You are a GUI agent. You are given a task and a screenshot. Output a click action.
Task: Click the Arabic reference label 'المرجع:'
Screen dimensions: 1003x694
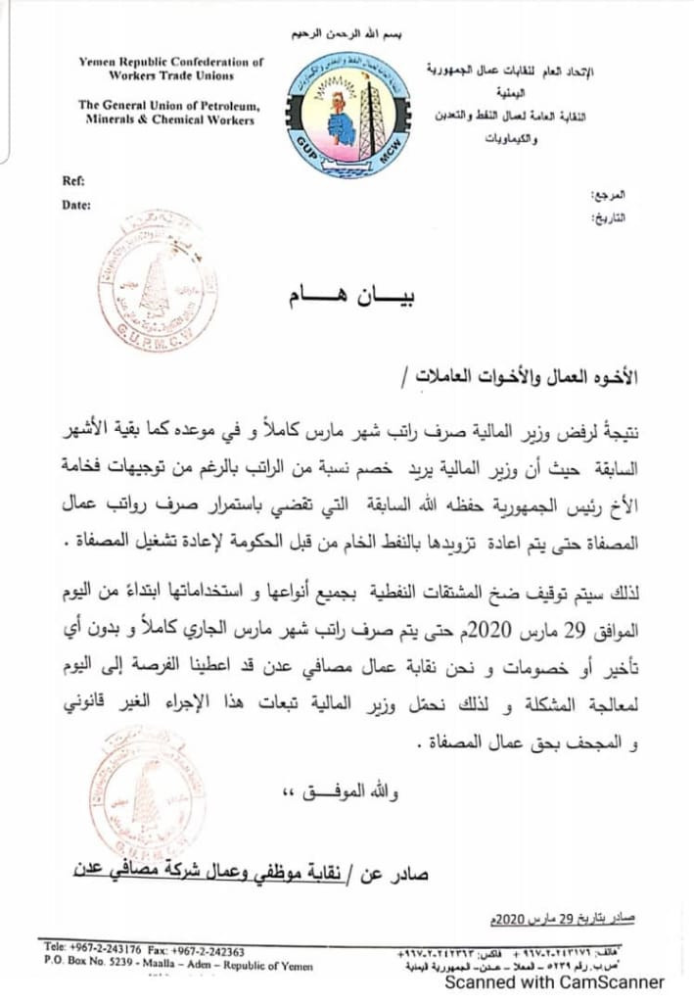611,196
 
